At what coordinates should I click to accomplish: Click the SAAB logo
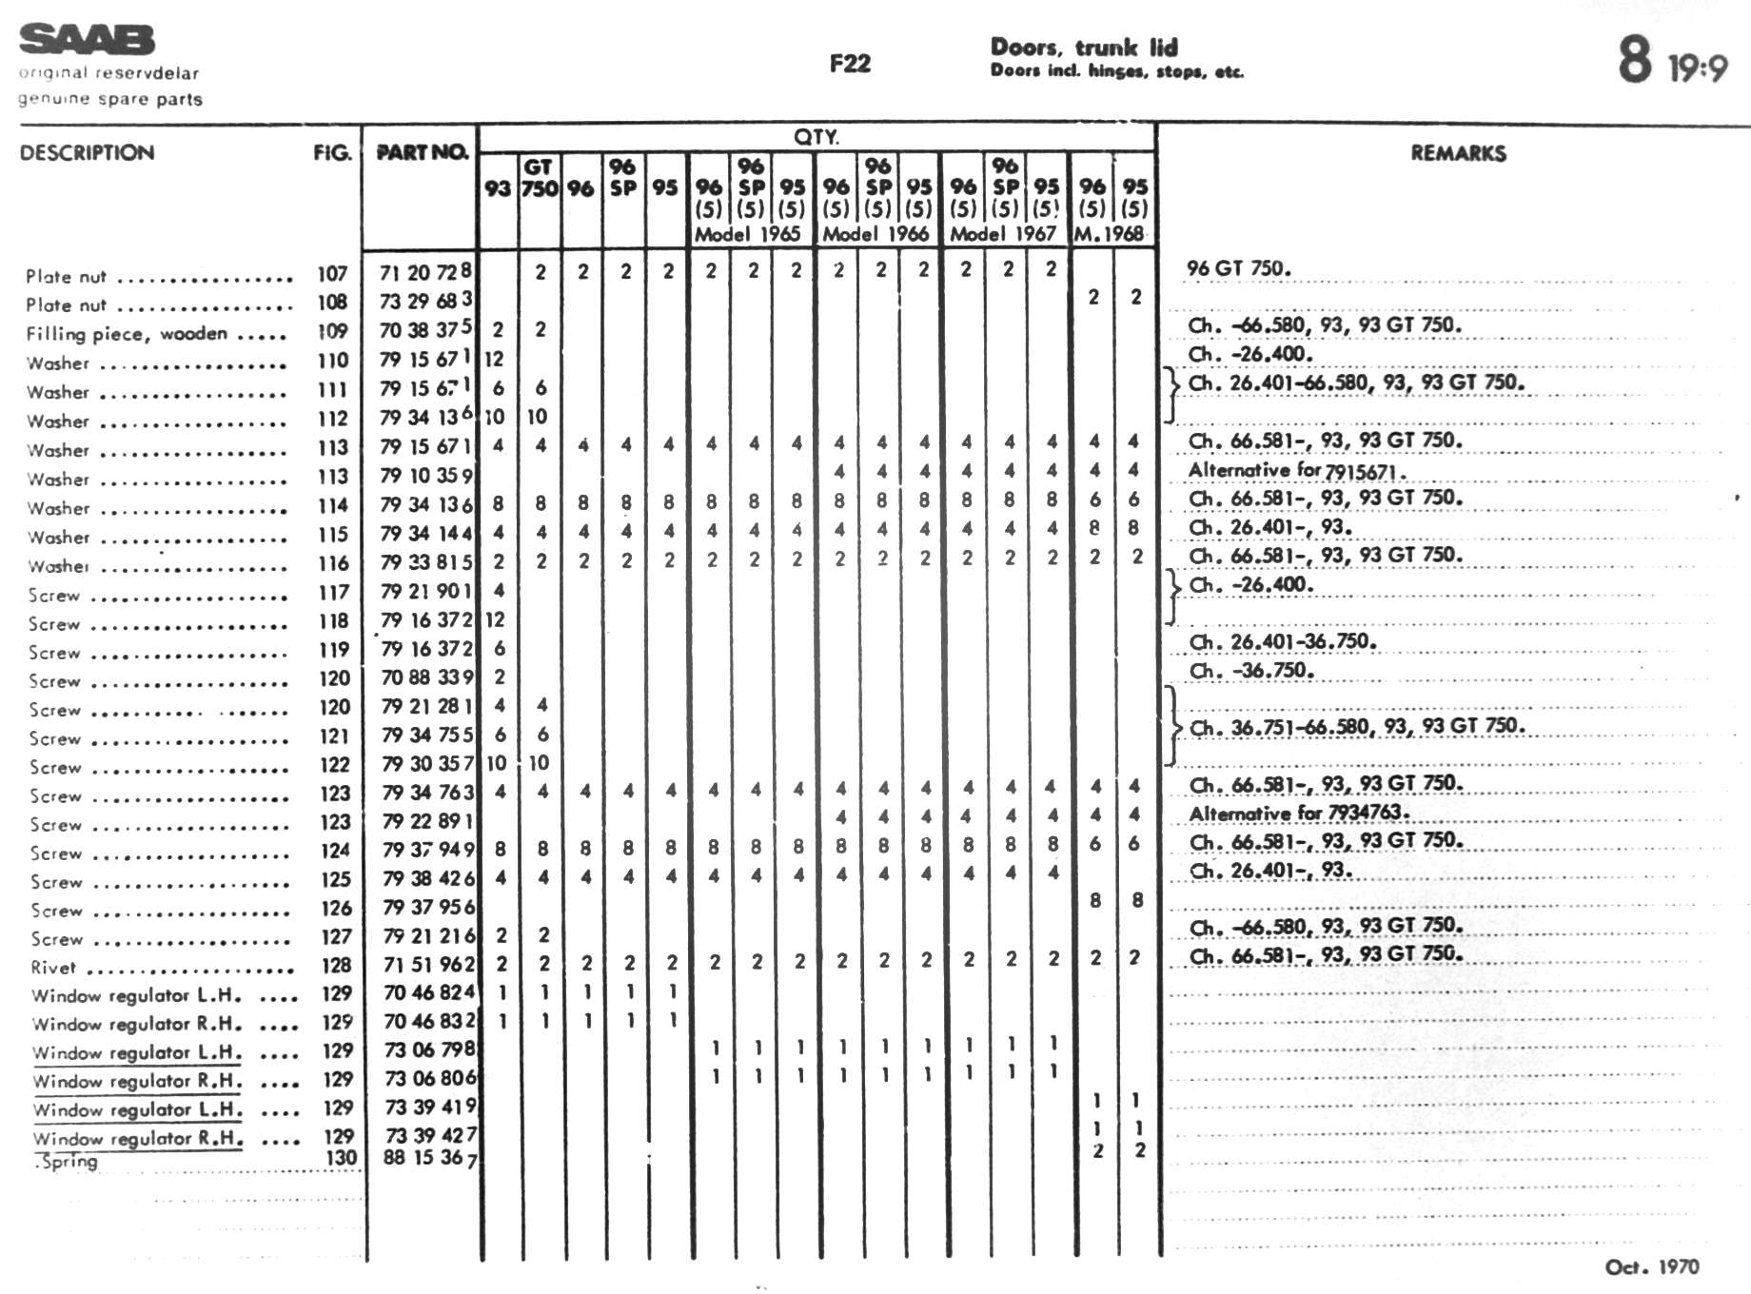click(87, 41)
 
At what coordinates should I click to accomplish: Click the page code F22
click(850, 64)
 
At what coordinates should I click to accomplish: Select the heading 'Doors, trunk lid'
click(1084, 48)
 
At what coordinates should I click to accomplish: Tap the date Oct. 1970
click(1651, 1266)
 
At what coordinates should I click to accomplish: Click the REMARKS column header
click(1458, 153)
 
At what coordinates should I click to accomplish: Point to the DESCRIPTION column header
click(87, 152)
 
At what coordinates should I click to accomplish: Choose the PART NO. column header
click(422, 152)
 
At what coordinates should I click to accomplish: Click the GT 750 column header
click(539, 178)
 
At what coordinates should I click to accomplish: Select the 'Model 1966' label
click(875, 234)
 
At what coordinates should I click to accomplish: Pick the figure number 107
click(332, 274)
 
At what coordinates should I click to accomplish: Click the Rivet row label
click(53, 968)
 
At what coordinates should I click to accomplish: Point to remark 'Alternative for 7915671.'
click(1297, 469)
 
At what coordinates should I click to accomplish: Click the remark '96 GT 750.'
click(1238, 268)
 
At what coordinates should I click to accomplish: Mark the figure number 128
click(336, 965)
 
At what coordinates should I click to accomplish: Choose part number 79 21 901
click(426, 591)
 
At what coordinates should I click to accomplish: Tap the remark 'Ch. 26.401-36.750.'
click(1282, 641)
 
